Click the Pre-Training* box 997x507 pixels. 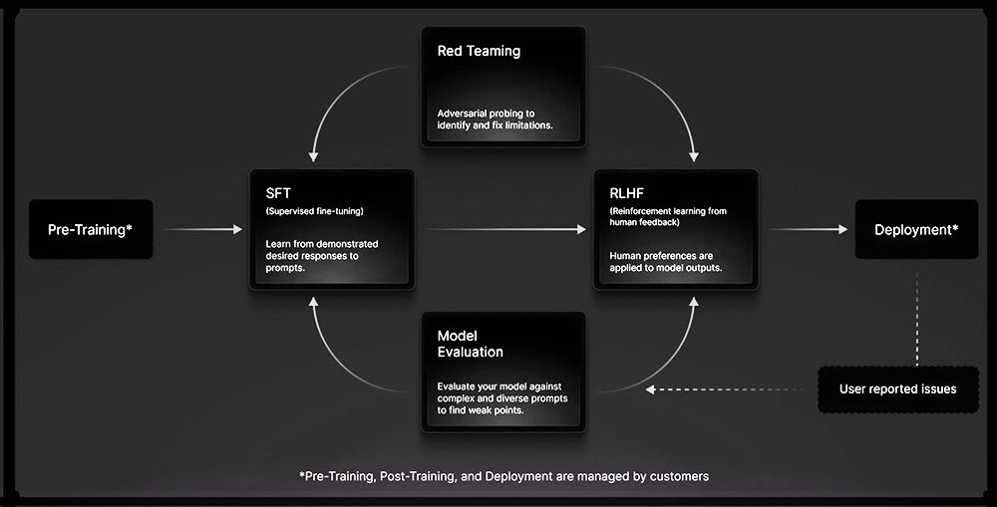(x=91, y=230)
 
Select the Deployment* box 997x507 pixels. (x=916, y=230)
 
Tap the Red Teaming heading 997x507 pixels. (x=479, y=51)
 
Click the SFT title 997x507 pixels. (x=279, y=192)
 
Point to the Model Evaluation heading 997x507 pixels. (x=470, y=344)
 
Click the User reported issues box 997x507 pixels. (x=897, y=388)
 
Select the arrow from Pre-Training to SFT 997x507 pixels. (x=202, y=230)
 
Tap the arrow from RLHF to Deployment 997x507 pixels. (x=808, y=230)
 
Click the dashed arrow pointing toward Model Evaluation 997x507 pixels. (x=728, y=388)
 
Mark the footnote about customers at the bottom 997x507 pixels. (x=503, y=476)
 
